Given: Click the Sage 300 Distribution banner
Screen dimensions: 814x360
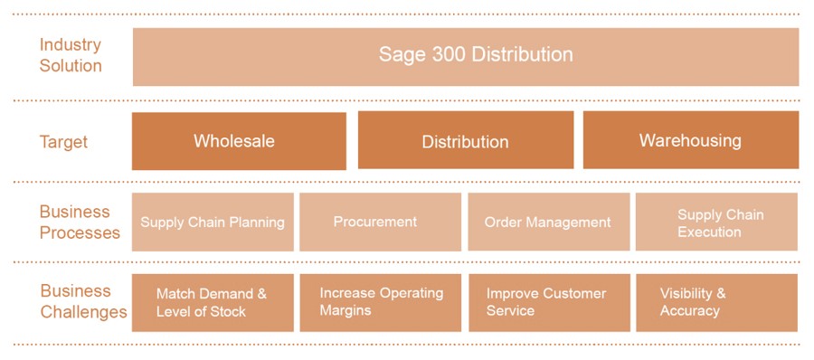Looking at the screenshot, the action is coord(466,57).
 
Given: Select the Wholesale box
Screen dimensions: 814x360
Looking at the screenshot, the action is coord(239,141).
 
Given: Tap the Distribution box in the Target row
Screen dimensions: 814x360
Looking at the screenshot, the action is coord(466,139).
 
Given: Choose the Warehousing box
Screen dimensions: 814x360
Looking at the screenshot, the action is coord(691,139).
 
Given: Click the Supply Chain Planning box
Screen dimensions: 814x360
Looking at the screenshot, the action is coord(213,223).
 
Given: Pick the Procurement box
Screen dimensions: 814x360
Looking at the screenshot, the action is coord(380,223).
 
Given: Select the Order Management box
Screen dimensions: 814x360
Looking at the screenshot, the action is coord(549,222).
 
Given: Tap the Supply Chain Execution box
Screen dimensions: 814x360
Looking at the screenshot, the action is coord(716,222).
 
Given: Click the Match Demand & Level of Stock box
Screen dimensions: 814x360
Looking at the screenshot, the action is coord(213,303).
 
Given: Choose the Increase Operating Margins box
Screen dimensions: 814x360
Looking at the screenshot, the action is coord(380,303).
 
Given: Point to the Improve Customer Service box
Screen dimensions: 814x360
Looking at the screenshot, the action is coord(549,303).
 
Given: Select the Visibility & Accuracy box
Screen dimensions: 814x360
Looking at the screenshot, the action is coord(716,303).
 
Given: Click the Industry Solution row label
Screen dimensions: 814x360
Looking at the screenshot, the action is coord(71,55).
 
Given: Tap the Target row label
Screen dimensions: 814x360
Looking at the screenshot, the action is coord(64,142).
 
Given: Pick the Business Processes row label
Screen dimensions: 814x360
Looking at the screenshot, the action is coord(80,223).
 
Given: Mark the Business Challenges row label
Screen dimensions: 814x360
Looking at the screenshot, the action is coord(83,301).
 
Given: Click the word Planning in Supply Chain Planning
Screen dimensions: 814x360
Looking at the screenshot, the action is coord(258,223).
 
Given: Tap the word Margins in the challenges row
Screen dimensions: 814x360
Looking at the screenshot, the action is coord(345,310).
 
